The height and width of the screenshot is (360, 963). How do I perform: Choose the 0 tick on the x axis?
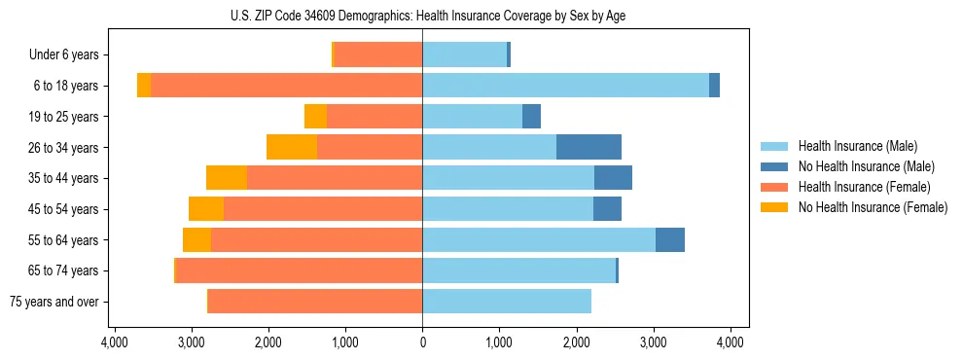[x=422, y=342]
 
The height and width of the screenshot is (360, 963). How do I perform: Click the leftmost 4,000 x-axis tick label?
[x=114, y=342]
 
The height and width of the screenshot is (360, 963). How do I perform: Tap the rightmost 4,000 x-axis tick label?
[x=731, y=342]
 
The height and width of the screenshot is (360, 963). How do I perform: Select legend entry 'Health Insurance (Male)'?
[x=856, y=146]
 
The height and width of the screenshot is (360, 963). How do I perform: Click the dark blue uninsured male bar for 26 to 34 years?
[x=588, y=147]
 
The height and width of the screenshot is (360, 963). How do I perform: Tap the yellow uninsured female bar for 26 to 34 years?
[x=292, y=147]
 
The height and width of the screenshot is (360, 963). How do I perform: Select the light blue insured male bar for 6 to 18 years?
[x=565, y=86]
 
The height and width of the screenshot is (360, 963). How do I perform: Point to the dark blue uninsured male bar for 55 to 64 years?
[x=670, y=239]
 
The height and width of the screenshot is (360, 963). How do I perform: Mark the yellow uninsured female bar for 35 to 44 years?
[x=227, y=178]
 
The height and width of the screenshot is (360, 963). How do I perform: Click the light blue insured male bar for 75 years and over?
[x=507, y=302]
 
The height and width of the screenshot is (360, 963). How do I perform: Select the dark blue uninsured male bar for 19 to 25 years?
[x=531, y=117]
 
